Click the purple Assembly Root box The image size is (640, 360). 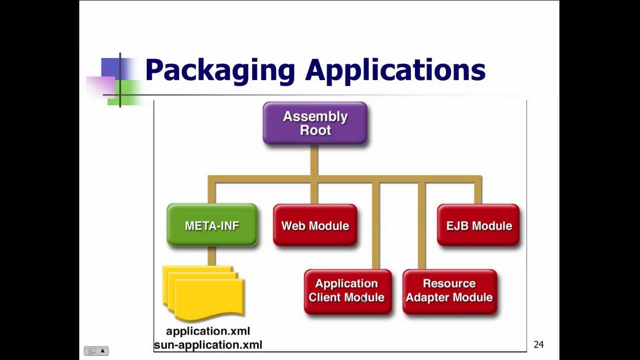315,123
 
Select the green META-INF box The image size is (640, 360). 212,225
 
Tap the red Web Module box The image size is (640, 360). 315,225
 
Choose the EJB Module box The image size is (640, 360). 478,225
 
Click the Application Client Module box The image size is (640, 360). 347,290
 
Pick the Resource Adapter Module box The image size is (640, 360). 449,290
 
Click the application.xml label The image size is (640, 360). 208,331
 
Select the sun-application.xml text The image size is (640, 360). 208,344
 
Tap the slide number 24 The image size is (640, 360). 538,344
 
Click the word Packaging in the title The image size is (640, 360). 220,70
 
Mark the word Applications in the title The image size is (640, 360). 395,70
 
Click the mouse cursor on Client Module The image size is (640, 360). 364,298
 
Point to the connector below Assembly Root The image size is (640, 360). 314,160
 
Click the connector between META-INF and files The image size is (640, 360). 211,256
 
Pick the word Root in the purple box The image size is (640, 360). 315,130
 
